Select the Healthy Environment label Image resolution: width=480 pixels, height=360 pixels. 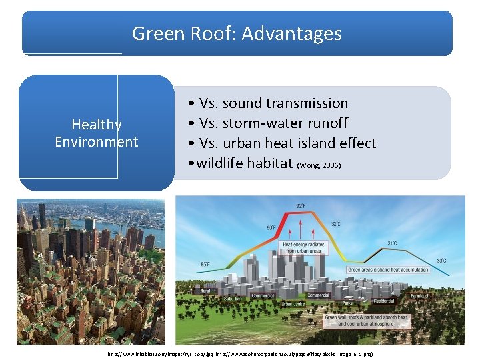coord(97,133)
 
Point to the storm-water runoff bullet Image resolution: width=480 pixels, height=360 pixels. coord(268,123)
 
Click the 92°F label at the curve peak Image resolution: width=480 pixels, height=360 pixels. coord(301,205)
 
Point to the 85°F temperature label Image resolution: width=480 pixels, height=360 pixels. coord(205,265)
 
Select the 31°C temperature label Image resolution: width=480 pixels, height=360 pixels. coord(393,244)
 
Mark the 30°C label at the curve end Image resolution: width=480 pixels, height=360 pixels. coord(441,260)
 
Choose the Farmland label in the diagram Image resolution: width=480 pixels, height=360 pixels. coord(420,295)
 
